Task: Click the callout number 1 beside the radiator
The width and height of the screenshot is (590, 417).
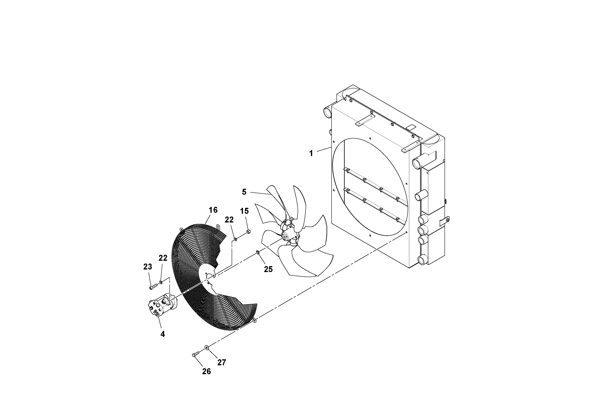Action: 311,153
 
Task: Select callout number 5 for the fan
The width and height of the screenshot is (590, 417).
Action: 244,192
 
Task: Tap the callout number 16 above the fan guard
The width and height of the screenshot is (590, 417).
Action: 213,210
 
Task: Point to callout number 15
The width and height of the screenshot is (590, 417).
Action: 244,211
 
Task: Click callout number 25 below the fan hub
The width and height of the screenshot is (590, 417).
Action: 268,269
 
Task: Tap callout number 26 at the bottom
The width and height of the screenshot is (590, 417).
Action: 206,372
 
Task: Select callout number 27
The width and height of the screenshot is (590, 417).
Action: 222,362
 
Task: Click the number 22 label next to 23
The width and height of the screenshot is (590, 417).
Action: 163,258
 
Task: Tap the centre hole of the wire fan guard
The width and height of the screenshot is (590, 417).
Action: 210,276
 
